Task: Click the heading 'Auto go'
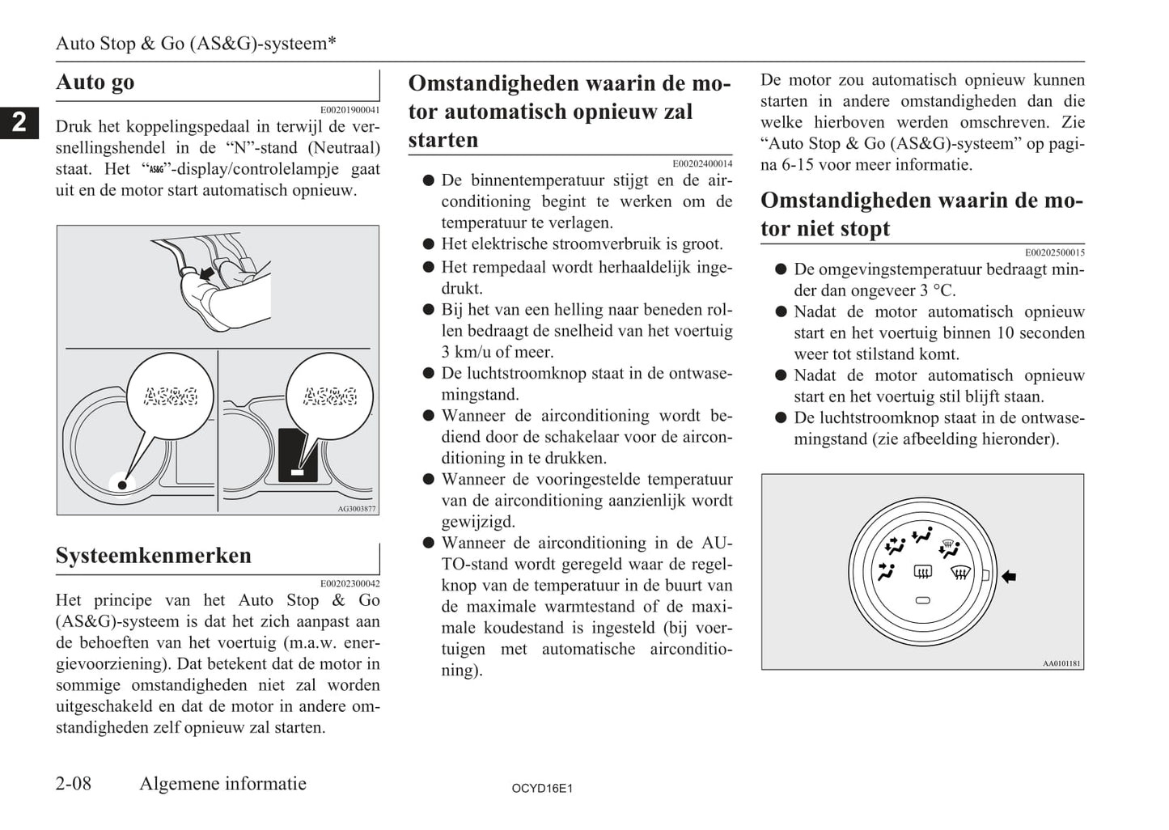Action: (x=95, y=83)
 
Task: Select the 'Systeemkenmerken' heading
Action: (x=154, y=556)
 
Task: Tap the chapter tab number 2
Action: (x=19, y=121)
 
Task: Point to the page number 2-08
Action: (x=74, y=783)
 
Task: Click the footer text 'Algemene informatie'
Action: (x=222, y=783)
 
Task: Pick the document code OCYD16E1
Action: (x=542, y=788)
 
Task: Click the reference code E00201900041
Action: (x=349, y=110)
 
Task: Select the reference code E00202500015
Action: (x=1054, y=252)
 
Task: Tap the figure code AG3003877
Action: (x=357, y=509)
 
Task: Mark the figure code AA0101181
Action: (x=1061, y=663)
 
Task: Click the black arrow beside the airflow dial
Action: (x=1009, y=577)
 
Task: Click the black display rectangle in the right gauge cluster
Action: (x=297, y=455)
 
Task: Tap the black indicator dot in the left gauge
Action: (x=122, y=485)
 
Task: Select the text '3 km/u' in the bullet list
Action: (x=468, y=352)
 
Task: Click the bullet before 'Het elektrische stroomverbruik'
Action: (x=429, y=243)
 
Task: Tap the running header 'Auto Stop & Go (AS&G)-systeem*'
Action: (x=196, y=43)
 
